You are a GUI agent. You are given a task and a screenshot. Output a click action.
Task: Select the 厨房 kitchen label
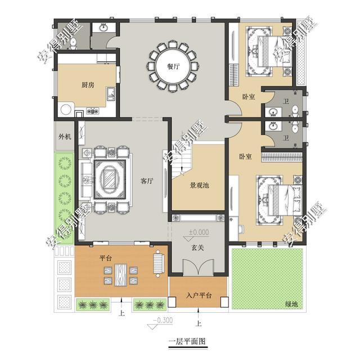point(87,85)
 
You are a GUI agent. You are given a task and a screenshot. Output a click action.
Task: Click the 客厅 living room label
point(147,181)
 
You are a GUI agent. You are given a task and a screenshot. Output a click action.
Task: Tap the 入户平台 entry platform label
point(198,295)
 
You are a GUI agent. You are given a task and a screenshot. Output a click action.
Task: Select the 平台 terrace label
point(105,258)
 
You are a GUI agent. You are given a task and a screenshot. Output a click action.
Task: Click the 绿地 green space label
point(291,304)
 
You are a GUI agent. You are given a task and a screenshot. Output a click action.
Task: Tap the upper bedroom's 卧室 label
point(249,97)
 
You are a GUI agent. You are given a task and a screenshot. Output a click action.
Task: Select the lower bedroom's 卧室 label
point(245,156)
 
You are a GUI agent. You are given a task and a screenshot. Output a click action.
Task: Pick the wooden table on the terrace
point(120,275)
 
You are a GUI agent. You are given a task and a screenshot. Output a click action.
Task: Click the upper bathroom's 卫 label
point(286,101)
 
